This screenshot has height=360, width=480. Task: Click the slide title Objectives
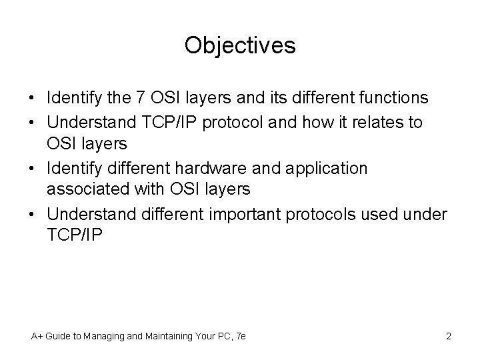pos(240,46)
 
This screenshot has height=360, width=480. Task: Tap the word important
pos(251,214)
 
